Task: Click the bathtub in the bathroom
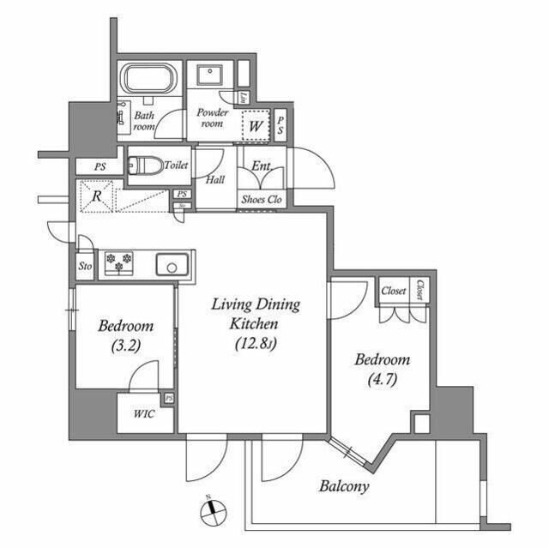[149, 80]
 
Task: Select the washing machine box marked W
[255, 125]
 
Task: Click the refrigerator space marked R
[96, 196]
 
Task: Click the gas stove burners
[118, 263]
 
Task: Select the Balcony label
[344, 486]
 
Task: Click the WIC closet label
[143, 414]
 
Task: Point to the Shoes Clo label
[262, 201]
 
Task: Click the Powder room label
[211, 118]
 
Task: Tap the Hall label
[217, 180]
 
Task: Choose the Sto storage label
[85, 266]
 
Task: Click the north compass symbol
[210, 512]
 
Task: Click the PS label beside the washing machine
[280, 125]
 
